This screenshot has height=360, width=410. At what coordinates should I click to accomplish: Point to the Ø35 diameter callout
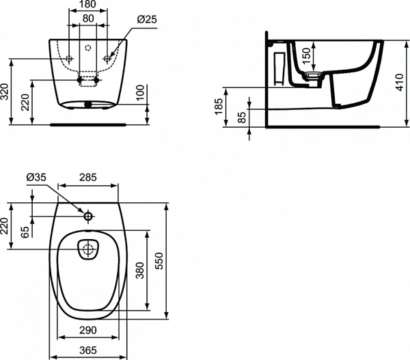tap(36, 178)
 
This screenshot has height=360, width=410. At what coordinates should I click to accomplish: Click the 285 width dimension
tap(87, 178)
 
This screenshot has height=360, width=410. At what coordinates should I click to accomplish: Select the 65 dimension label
tap(25, 233)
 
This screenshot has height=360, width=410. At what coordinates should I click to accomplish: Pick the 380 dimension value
tap(140, 271)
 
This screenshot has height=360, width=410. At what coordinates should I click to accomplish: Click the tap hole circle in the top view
tap(88, 217)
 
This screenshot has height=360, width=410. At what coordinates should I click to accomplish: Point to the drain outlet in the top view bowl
tap(87, 250)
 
